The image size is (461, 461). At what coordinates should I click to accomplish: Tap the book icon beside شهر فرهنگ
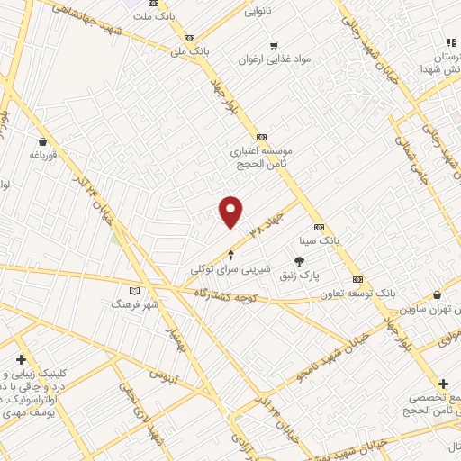pos(135,291)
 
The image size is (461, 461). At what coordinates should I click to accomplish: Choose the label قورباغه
pos(42,154)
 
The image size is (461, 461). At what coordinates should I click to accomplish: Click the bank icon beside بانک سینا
pos(321,228)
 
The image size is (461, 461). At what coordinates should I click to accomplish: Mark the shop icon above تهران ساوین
pos(437,294)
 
